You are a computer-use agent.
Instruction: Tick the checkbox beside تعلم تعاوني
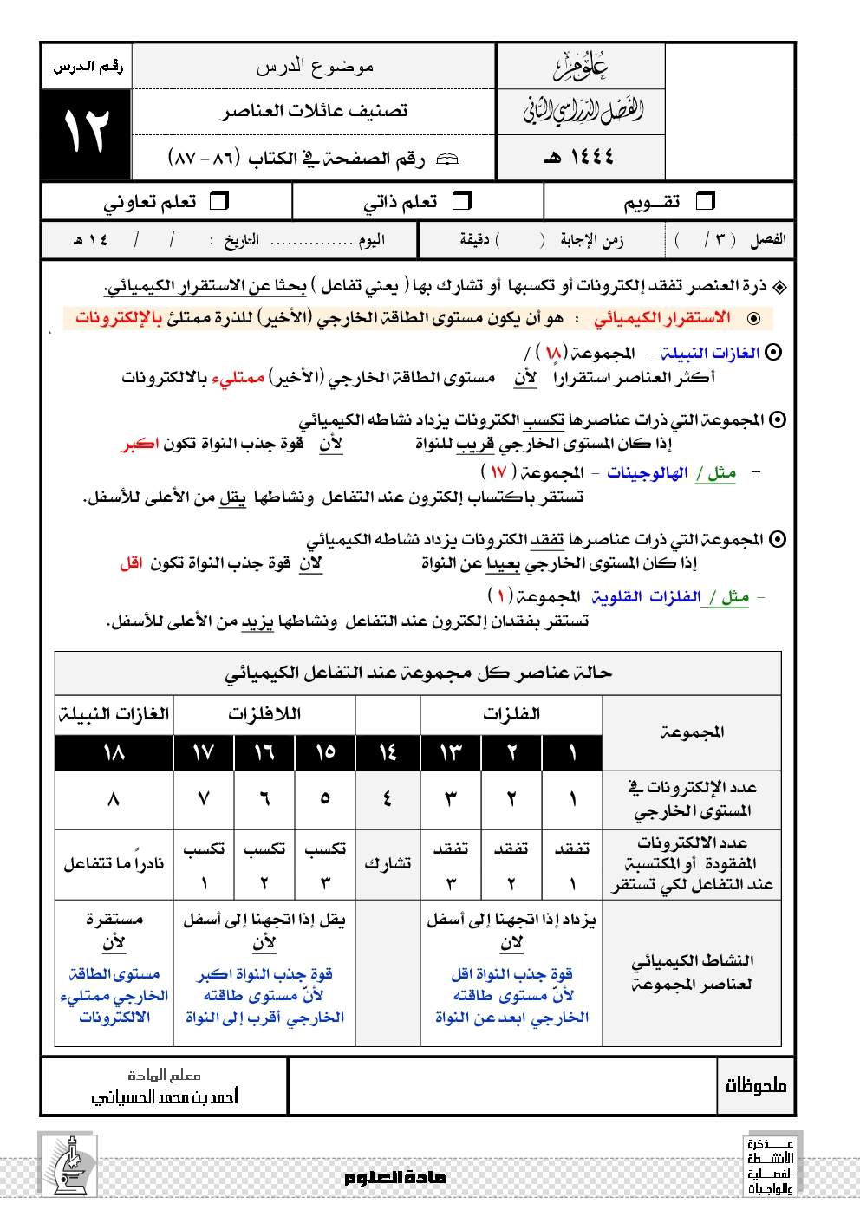pyautogui.click(x=220, y=201)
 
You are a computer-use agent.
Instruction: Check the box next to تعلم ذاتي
pyautogui.click(x=462, y=201)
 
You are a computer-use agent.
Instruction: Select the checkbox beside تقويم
pyautogui.click(x=706, y=201)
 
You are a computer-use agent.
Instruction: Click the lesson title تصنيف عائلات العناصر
pyautogui.click(x=314, y=111)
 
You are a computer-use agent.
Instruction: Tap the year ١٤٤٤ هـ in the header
pyautogui.click(x=579, y=157)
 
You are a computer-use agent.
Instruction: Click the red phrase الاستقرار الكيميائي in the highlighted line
pyautogui.click(x=662, y=318)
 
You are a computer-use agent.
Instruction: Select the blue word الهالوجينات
pyautogui.click(x=647, y=472)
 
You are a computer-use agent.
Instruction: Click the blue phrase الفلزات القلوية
pyautogui.click(x=646, y=596)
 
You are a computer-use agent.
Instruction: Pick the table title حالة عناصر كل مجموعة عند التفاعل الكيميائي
pyautogui.click(x=418, y=673)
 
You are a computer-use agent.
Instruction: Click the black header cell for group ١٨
pyautogui.click(x=114, y=752)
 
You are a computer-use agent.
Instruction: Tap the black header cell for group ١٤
pyautogui.click(x=388, y=752)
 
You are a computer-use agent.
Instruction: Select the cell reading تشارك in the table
pyautogui.click(x=388, y=863)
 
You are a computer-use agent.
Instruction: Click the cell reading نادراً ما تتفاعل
pyautogui.click(x=114, y=863)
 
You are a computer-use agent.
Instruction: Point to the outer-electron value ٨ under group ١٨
pyautogui.click(x=114, y=799)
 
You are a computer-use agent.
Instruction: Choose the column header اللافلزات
pyautogui.click(x=264, y=714)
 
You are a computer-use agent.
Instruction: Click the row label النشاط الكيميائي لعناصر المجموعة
pyautogui.click(x=692, y=972)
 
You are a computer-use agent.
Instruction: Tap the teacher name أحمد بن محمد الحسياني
pyautogui.click(x=165, y=1096)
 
